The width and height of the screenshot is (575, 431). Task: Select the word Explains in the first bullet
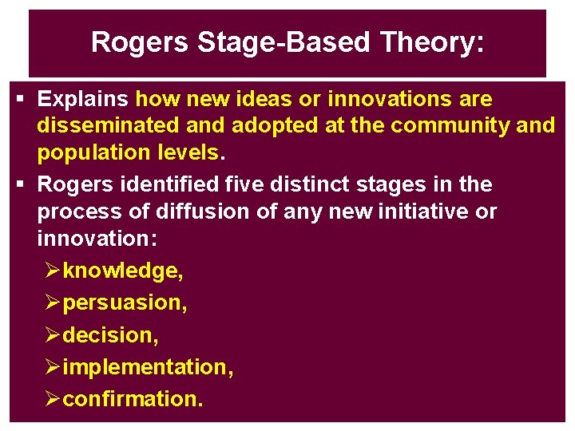coord(83,100)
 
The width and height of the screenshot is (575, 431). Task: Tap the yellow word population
coord(89,152)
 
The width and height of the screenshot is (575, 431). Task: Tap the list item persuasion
coord(124,303)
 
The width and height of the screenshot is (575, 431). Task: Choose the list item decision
coord(110,335)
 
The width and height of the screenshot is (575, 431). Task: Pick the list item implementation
coord(148,367)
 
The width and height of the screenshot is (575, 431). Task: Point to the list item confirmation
coord(133,399)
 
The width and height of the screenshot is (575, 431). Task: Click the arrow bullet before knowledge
coord(53,271)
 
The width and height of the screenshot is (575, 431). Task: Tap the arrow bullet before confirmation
coord(53,399)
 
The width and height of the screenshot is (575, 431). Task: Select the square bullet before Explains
coord(21,100)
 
